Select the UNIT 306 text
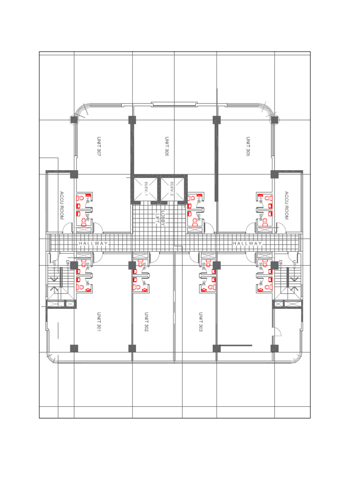[x=167, y=147]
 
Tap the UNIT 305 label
[x=248, y=147]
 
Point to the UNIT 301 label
[x=99, y=322]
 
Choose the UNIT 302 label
[x=146, y=322]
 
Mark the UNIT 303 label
[x=201, y=322]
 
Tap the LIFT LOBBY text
[x=161, y=217]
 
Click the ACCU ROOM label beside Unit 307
[x=61, y=205]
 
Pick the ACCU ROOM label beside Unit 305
[x=286, y=205]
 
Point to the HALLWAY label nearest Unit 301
[x=93, y=244]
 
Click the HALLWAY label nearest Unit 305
[x=247, y=244]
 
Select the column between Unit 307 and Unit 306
[x=132, y=120]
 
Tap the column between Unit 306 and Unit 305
[x=217, y=120]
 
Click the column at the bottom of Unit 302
[x=132, y=348]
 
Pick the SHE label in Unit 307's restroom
[x=88, y=217]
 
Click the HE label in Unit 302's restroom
[x=145, y=284]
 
